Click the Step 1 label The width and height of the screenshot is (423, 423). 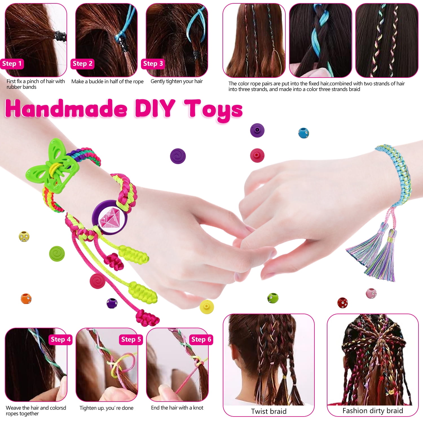[x=12, y=64]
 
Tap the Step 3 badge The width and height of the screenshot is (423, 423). [x=153, y=64]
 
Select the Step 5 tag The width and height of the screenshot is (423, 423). [x=131, y=340]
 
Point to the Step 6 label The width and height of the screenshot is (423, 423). [x=201, y=340]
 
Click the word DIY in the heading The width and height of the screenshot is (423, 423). [x=155, y=108]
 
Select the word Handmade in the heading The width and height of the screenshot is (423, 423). [x=66, y=109]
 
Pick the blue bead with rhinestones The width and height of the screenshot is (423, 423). [x=304, y=133]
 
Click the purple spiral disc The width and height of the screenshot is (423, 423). [x=178, y=156]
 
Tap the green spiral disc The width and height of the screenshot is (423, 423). [x=57, y=254]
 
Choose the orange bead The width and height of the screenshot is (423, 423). [x=26, y=299]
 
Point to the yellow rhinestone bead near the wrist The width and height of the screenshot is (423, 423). [x=24, y=236]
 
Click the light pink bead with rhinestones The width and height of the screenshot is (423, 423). [x=371, y=293]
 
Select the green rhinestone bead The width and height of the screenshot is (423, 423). [x=273, y=298]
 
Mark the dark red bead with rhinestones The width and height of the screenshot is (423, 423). [x=342, y=303]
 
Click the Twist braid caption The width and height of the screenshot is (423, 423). [x=269, y=411]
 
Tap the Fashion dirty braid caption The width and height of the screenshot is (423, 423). [x=373, y=411]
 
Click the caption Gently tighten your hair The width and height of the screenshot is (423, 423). [x=177, y=81]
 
